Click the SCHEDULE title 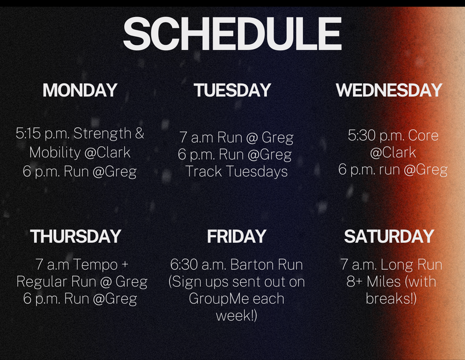coord(232,33)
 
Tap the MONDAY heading coord(80,90)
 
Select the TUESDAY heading coord(232,90)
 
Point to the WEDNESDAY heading coord(389,90)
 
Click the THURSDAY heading coord(76,236)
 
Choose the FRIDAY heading coord(236,236)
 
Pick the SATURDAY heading coord(389,236)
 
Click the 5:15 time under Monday coord(28,133)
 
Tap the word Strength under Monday coord(102,134)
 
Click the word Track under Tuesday coord(204,171)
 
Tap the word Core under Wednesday coord(423,135)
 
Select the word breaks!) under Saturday coord(391,298)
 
